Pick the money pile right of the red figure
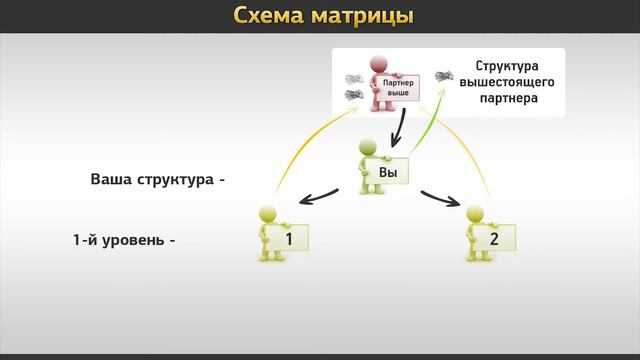click(x=443, y=76)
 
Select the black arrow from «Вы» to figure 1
click(x=323, y=193)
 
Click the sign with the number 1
click(x=286, y=239)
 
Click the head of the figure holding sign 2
click(x=477, y=212)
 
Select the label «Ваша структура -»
click(x=158, y=181)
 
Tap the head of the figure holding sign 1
click(x=267, y=212)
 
